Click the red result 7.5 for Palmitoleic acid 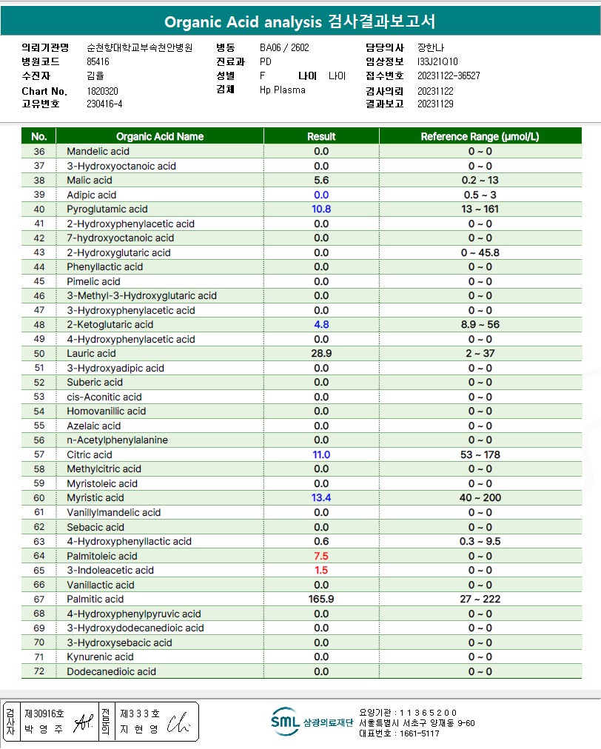point(321,556)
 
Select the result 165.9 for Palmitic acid point(321,599)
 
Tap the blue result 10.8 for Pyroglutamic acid point(321,209)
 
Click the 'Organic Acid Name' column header point(160,136)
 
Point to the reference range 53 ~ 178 point(480,454)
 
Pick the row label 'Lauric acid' point(91,354)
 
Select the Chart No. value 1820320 point(103,91)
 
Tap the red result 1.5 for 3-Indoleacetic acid point(321,570)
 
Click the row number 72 point(39,671)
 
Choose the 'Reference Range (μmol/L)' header point(480,136)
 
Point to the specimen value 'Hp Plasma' point(283,90)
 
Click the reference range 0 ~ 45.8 point(480,252)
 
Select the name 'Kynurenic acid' point(100,656)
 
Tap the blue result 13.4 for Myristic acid point(321,498)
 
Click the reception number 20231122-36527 point(449,75)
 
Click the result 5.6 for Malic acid point(321,181)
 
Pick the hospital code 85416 point(98,61)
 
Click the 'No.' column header point(39,136)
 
